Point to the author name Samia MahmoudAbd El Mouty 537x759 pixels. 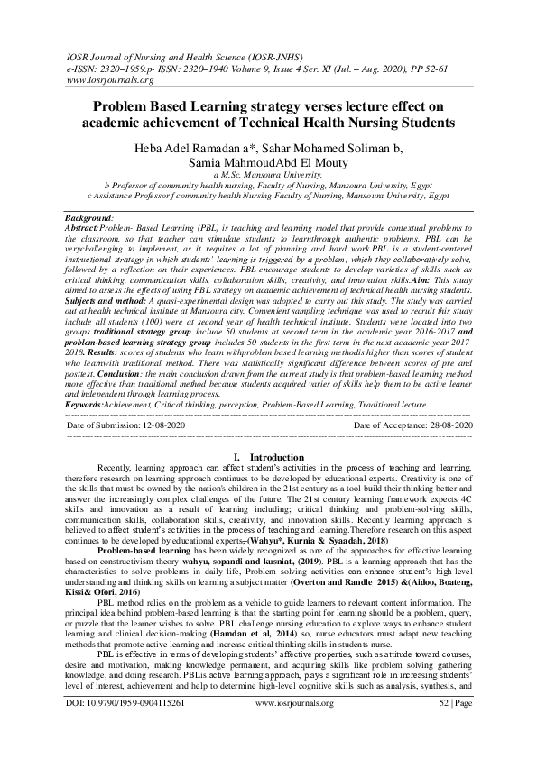point(268,162)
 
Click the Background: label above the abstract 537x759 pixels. point(90,218)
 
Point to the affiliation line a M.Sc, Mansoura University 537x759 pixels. point(268,174)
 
